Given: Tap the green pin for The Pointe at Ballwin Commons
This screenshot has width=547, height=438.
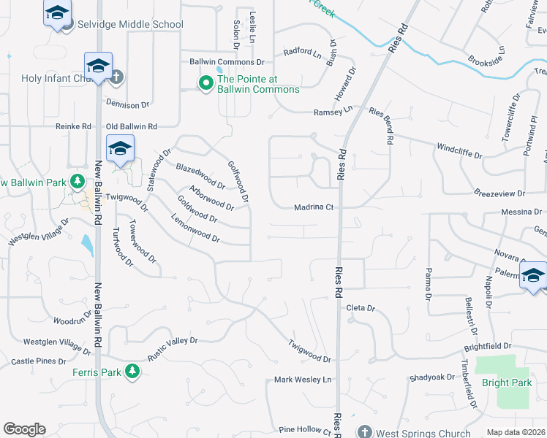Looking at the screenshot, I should [206, 84].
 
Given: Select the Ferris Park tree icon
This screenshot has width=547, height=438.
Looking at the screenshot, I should [132, 372].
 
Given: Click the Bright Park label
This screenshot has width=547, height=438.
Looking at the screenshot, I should [507, 383].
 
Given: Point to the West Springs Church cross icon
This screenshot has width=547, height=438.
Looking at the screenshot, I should [363, 432].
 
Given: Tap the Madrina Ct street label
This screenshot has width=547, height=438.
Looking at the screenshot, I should [314, 207].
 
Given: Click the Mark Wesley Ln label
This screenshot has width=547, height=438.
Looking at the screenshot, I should [303, 380].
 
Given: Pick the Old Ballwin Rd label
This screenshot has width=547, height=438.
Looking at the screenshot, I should [132, 127].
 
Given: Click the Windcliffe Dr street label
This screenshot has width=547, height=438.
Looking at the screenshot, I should [460, 150].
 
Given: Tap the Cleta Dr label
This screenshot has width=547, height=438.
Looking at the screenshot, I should [361, 309].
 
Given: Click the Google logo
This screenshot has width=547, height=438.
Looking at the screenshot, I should [24, 429].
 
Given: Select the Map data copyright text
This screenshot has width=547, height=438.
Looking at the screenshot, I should [516, 432].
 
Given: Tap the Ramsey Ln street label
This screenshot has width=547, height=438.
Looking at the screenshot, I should [333, 111].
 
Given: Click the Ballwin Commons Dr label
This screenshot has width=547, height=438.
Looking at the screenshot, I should [227, 62].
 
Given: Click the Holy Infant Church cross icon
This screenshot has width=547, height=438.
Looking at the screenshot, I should [117, 77].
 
